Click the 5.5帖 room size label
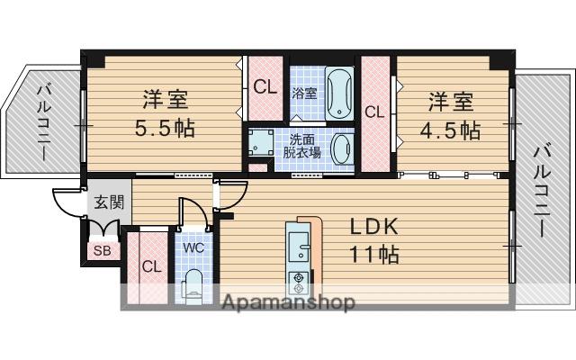click(164, 128)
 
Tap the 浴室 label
click(303, 92)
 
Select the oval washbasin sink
click(342, 146)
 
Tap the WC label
click(194, 247)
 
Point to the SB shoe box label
click(102, 251)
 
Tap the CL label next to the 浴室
click(265, 87)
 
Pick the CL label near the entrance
click(151, 266)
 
